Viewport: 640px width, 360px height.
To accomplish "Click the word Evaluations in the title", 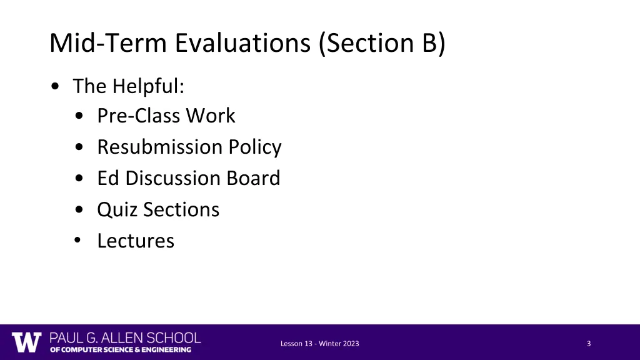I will [x=243, y=43].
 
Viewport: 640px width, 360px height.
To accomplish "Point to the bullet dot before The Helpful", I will [x=57, y=87].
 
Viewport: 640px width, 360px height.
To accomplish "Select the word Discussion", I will [x=164, y=178].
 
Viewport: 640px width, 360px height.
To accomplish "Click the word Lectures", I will [x=136, y=241].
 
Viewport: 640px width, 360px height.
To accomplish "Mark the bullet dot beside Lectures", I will [x=77, y=241].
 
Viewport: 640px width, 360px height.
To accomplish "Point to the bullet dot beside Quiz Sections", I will [x=77, y=210].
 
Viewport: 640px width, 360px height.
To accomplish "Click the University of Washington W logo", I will [x=26, y=342].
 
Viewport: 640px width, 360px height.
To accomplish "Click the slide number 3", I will [x=589, y=344].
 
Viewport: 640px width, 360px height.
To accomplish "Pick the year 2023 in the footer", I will [x=351, y=344].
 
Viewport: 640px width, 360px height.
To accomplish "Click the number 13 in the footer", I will [x=306, y=344].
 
